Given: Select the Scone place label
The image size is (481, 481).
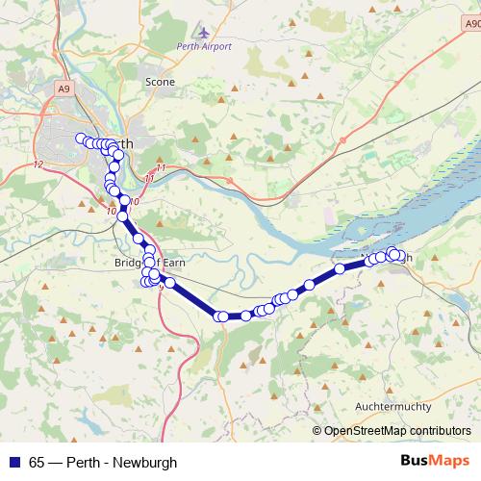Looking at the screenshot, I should coord(160,83).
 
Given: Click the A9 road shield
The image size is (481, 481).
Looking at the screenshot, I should coord(63,89).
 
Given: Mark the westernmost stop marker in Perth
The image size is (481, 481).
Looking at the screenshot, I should coord(81,138).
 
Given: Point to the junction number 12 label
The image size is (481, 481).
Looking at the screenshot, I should coord(38,165).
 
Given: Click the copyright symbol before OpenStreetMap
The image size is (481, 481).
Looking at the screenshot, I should coord(316,431).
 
